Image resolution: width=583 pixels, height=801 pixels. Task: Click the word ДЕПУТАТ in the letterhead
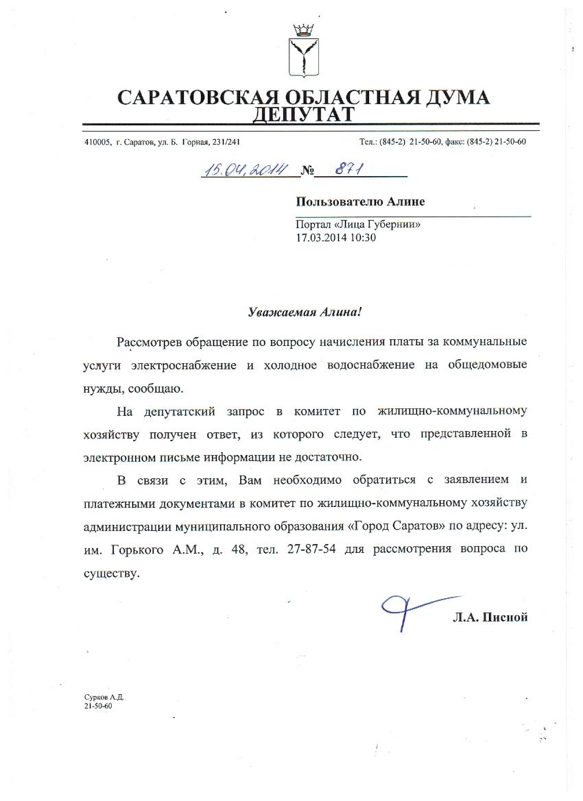pyautogui.click(x=304, y=114)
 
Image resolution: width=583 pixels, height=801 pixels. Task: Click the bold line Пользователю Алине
pyautogui.click(x=360, y=201)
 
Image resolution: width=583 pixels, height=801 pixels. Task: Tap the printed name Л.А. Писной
pyautogui.click(x=490, y=617)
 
